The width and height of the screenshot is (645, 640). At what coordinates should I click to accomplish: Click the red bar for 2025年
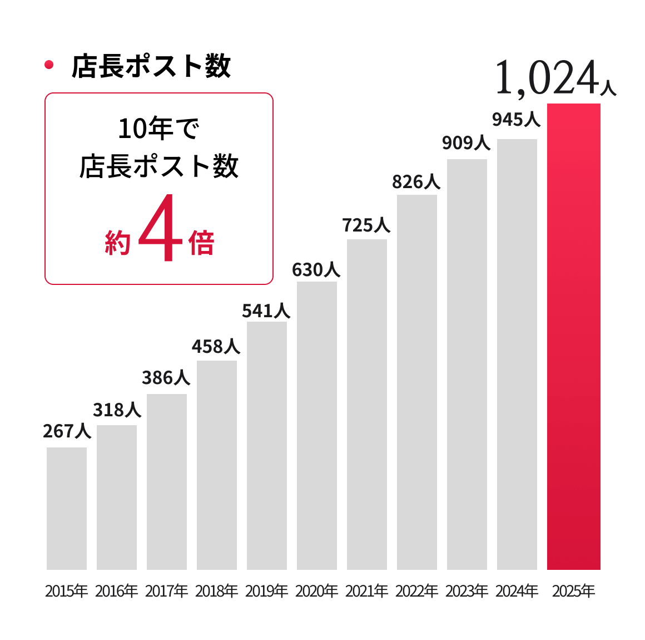tap(573, 337)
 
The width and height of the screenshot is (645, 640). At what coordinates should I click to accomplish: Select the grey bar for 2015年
tap(67, 508)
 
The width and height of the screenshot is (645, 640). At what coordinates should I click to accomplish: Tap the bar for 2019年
tap(267, 445)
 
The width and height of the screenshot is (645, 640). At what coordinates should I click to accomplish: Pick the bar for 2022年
tap(417, 382)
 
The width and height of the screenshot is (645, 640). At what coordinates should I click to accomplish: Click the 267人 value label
tap(67, 431)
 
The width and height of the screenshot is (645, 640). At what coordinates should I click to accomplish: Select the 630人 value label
tap(316, 270)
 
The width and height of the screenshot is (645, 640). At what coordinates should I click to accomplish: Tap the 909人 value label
tap(466, 143)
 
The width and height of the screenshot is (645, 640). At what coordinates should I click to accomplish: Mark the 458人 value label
tap(216, 347)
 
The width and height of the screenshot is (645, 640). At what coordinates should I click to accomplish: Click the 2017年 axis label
tap(167, 591)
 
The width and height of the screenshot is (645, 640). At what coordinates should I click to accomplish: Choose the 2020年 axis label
tap(316, 591)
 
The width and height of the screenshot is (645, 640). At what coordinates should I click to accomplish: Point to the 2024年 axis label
tap(517, 591)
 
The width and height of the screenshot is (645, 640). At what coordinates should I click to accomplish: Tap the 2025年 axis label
tap(573, 591)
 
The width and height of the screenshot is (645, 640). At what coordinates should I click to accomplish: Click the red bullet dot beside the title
tap(49, 65)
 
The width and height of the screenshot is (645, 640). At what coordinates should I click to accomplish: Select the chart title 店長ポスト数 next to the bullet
tap(151, 66)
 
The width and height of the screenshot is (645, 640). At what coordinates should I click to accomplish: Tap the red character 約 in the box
tap(117, 243)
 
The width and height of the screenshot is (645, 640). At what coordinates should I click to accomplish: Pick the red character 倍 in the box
tap(201, 243)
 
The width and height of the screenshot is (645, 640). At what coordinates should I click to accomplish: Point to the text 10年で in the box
tap(158, 129)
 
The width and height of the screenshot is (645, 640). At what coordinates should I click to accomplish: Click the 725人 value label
tap(366, 225)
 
